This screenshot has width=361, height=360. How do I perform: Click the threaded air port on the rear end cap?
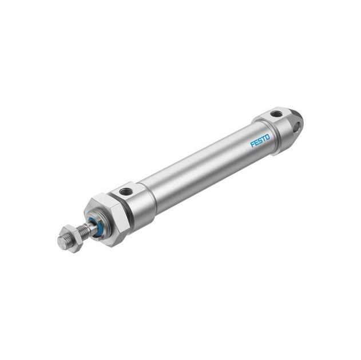[x=276, y=114]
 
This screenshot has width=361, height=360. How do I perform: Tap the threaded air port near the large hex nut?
[x=124, y=191]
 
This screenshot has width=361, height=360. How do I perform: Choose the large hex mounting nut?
[x=106, y=218]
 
